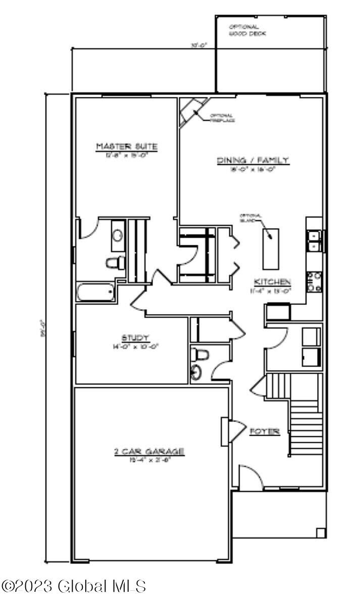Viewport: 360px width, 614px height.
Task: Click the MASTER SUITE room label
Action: point(126,146)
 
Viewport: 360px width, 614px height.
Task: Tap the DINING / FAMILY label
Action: point(253,160)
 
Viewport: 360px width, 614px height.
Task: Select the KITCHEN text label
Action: point(272,282)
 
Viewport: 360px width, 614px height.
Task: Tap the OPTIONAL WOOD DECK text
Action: point(247,30)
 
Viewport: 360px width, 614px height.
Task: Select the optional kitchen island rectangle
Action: point(270,249)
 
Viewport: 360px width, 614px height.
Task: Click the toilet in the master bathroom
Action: point(116,263)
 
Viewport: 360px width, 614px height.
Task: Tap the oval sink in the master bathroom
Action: point(118,235)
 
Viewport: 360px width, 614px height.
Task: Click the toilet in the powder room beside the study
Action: point(200,354)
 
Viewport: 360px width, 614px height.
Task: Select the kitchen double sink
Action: point(315,240)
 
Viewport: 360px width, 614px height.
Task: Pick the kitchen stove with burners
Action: point(315,282)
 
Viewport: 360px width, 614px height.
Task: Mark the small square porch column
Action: point(321,533)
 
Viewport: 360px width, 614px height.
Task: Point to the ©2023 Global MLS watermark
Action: point(74,587)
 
